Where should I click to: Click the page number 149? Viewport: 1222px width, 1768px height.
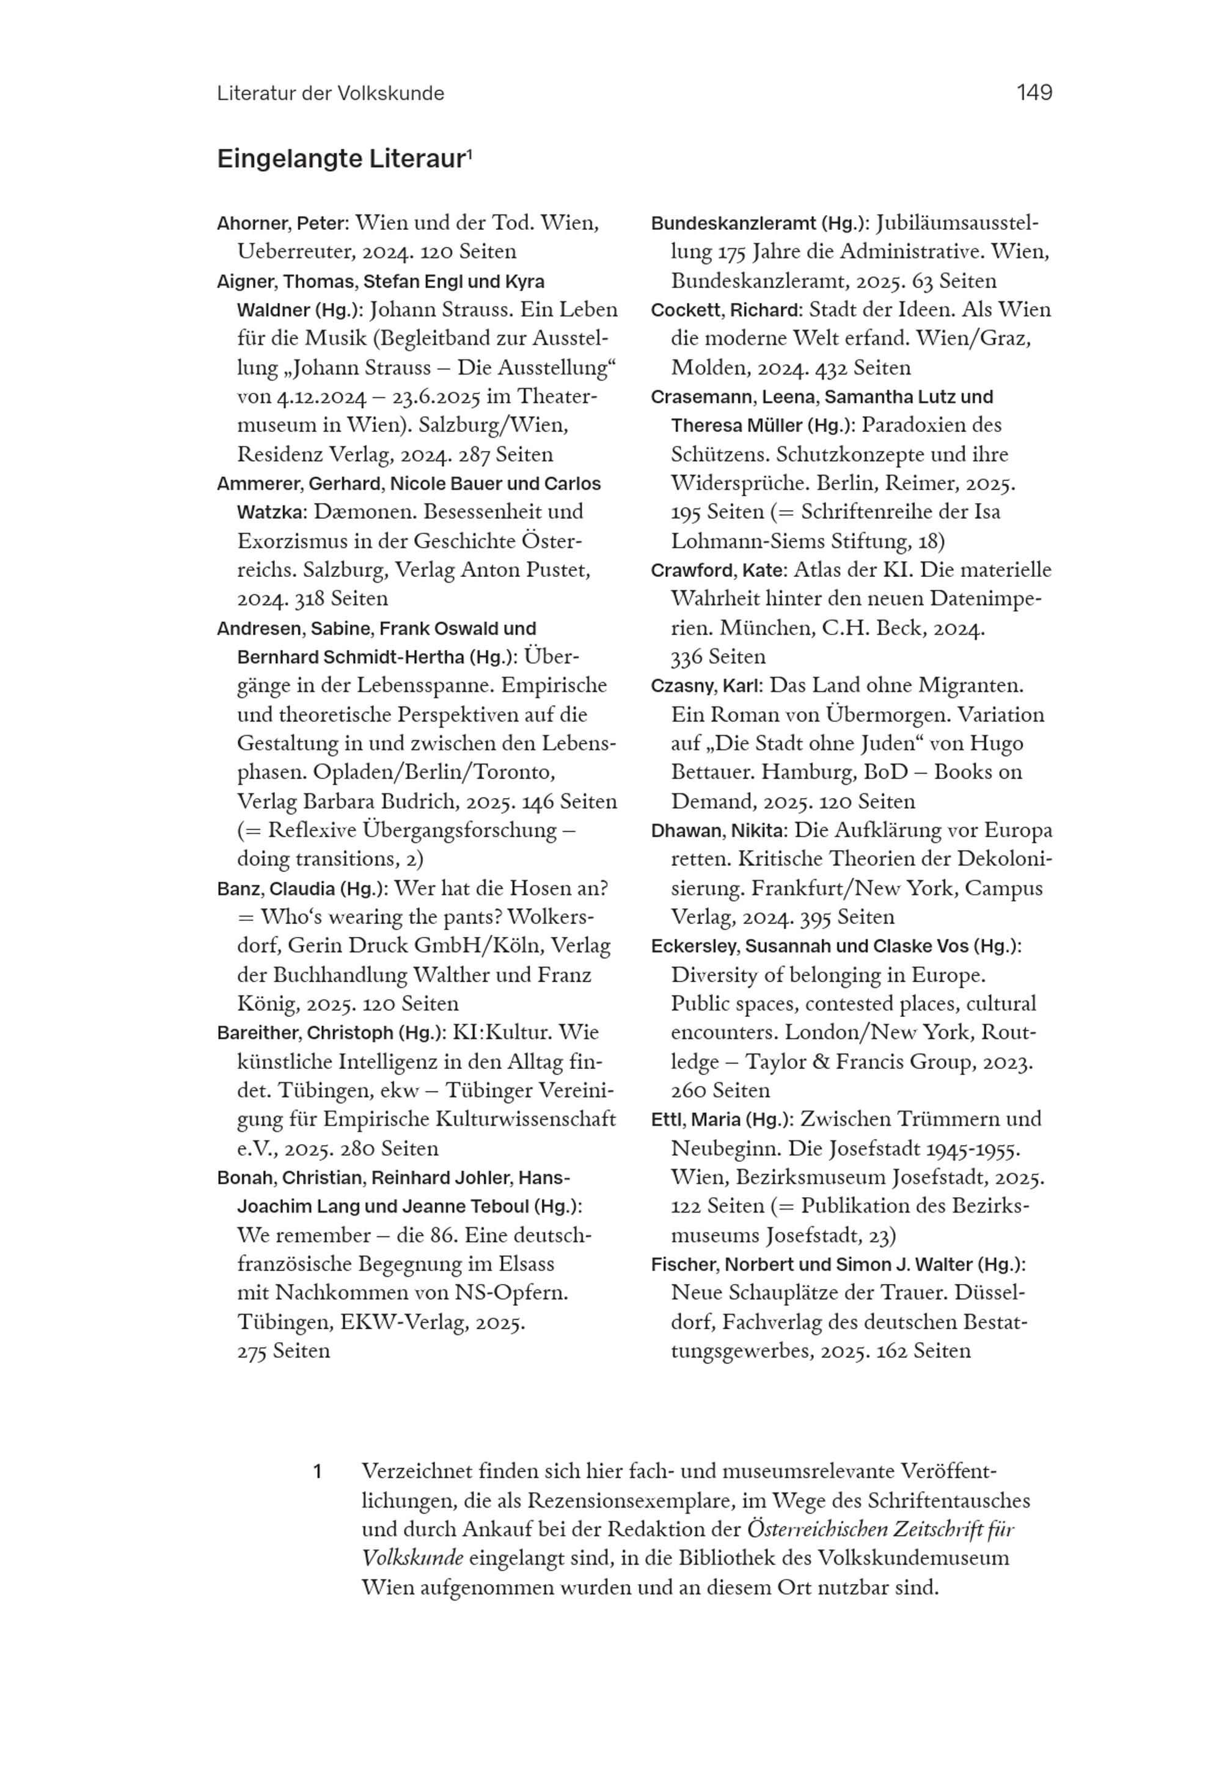(x=1034, y=93)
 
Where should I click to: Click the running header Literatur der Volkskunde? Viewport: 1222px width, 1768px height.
(x=330, y=94)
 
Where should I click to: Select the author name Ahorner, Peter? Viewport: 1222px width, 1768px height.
(x=282, y=224)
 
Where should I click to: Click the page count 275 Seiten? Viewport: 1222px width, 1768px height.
(x=284, y=1351)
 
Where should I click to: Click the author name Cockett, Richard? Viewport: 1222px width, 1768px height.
(x=725, y=310)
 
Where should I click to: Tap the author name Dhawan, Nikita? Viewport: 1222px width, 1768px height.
(x=718, y=831)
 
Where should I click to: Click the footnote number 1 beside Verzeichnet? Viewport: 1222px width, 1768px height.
(x=317, y=1472)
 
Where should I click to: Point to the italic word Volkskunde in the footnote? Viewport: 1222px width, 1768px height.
(x=412, y=1558)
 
